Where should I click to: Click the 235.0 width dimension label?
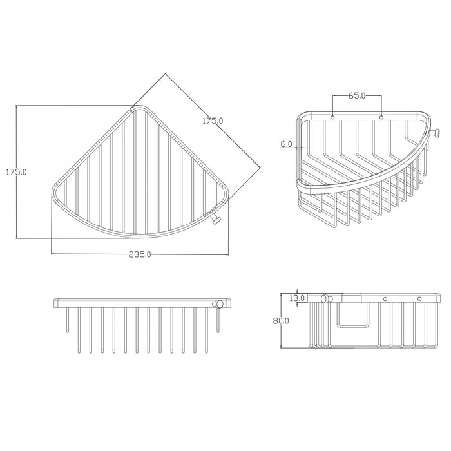140,254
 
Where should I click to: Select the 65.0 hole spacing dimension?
357,95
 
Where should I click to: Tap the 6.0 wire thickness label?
286,144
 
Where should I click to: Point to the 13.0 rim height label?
297,298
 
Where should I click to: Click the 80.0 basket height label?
281,320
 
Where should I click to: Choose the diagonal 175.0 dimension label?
213,121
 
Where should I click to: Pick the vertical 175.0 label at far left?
16,172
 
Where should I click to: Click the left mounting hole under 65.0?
332,117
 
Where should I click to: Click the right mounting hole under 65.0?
381,117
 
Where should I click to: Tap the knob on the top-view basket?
216,220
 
